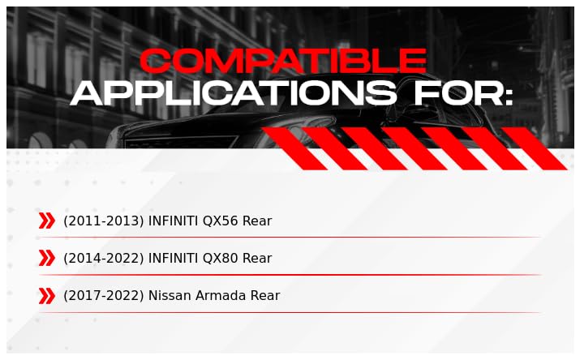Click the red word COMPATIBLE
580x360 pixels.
pyautogui.click(x=282, y=62)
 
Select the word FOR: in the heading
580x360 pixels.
pyautogui.click(x=463, y=94)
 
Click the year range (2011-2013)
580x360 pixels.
pyautogui.click(x=104, y=221)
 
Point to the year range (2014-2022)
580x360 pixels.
pyautogui.click(x=104, y=258)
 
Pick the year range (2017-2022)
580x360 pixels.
pyautogui.click(x=104, y=296)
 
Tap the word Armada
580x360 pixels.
pyautogui.click(x=218, y=296)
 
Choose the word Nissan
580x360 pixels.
pyautogui.click(x=169, y=296)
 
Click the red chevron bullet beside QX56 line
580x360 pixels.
pyautogui.click(x=46, y=221)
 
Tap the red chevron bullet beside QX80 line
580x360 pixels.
pyautogui.click(x=46, y=258)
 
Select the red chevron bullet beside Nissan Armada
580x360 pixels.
pyautogui.click(x=46, y=296)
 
